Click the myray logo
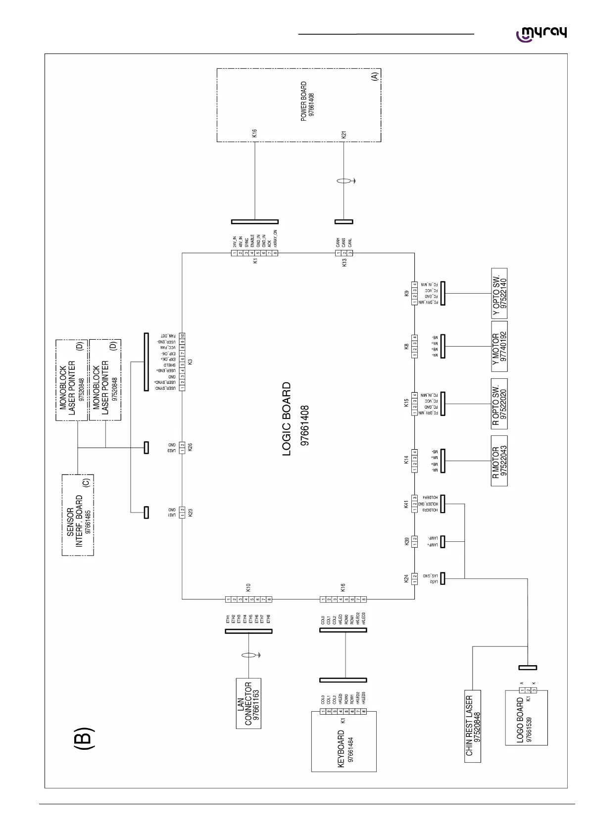pyautogui.click(x=541, y=34)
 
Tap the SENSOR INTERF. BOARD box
pyautogui.click(x=78, y=515)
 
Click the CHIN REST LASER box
pyautogui.click(x=473, y=726)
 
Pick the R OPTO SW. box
pyautogui.click(x=500, y=404)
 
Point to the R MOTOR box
pyautogui.click(x=499, y=460)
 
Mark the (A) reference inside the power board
pyautogui.click(x=374, y=76)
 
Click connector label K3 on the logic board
pyautogui.click(x=190, y=362)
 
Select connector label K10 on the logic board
pyautogui.click(x=248, y=587)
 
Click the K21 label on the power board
pyautogui.click(x=344, y=134)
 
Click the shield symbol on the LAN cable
pyautogui.click(x=249, y=656)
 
